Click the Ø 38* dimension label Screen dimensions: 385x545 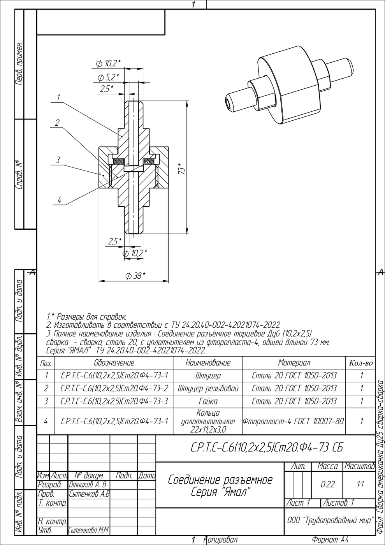click(135, 276)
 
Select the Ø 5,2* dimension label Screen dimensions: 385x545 click(108, 77)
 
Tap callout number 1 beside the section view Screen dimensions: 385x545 click(58, 98)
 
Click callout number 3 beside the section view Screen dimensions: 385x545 click(58, 160)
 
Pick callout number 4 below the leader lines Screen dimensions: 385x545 click(60, 200)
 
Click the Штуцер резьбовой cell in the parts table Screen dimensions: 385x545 click(208, 389)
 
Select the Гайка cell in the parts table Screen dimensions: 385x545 click(208, 401)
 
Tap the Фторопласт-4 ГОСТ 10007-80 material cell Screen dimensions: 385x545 click(293, 421)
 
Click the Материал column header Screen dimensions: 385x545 click(294, 363)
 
